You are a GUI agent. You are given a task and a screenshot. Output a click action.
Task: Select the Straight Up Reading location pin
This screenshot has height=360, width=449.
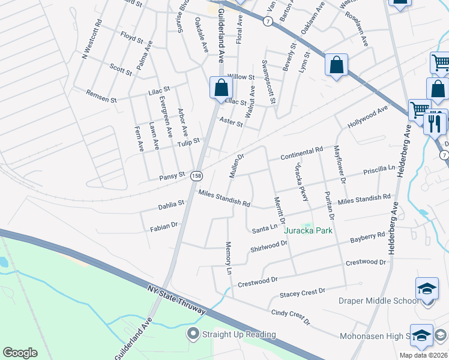(193, 334)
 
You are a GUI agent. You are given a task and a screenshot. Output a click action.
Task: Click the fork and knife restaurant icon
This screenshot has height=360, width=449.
(433, 124)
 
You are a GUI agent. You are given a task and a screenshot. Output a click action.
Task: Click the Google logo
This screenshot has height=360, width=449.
(20, 353)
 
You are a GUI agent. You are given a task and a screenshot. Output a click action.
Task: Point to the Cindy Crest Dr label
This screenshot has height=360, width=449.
(291, 317)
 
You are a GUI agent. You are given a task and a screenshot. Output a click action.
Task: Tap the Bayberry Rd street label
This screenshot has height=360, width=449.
(367, 238)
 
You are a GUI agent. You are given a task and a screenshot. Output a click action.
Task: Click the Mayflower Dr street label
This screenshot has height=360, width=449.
(340, 164)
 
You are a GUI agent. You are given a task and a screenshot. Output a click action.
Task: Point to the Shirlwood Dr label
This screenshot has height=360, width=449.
(269, 247)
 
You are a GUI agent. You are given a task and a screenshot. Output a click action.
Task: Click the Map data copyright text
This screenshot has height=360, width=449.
(423, 355)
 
